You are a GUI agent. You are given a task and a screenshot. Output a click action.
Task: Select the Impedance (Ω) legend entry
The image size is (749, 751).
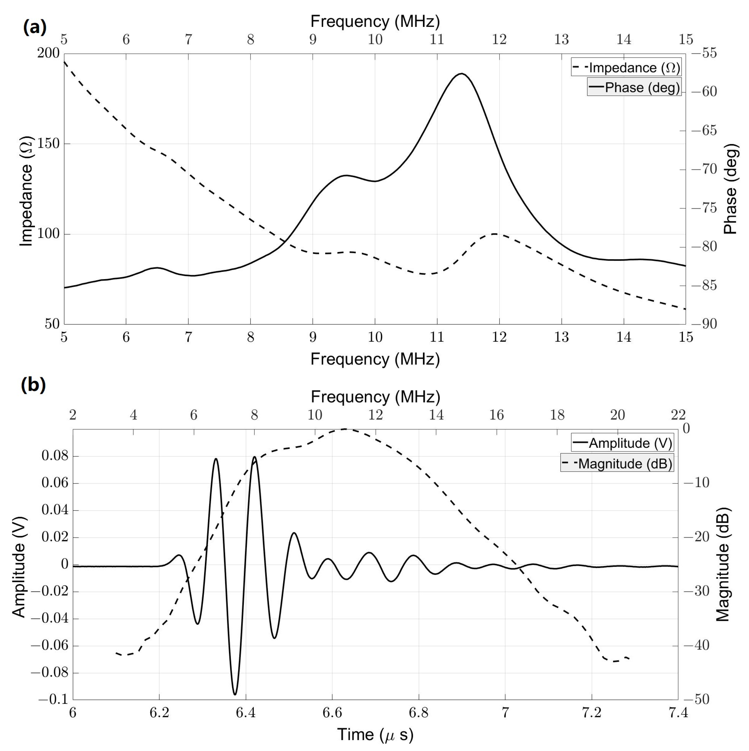(x=626, y=68)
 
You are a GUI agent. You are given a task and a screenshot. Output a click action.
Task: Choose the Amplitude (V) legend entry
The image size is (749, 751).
(x=622, y=443)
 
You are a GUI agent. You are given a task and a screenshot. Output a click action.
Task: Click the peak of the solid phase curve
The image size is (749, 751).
(x=461, y=74)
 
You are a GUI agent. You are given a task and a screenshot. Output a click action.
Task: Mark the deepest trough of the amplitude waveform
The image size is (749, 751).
(x=235, y=694)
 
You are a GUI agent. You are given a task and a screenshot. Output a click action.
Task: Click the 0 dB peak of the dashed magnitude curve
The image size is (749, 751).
(x=345, y=429)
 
